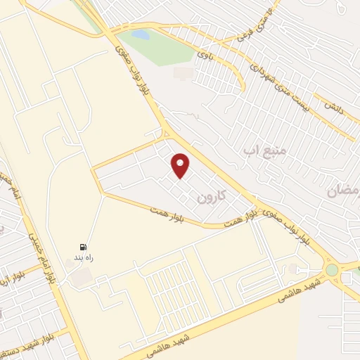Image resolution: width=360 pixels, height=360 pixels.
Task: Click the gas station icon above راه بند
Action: [84, 247]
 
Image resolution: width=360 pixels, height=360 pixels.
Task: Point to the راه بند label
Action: [84, 258]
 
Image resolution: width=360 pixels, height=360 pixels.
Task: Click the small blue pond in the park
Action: [141, 34]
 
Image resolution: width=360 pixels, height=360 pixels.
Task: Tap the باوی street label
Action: [205, 51]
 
